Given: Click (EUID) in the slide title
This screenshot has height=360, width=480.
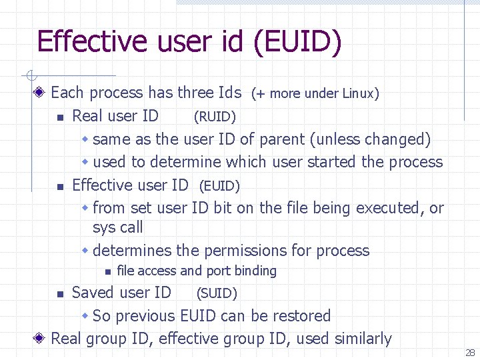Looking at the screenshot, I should point(297,41).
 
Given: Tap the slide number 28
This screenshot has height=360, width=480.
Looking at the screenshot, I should point(470,353).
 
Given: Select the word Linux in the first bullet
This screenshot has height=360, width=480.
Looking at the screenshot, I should point(361,94).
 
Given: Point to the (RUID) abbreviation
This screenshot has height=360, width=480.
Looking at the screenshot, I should point(215,117).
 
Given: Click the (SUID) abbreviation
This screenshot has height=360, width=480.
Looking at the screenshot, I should point(215,293).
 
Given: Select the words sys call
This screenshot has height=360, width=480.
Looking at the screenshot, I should point(118,227).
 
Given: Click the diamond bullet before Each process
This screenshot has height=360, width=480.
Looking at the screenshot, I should point(41,93).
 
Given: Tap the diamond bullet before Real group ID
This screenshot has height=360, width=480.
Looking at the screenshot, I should point(41,339).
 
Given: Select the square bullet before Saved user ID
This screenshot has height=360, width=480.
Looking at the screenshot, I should point(60,293).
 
